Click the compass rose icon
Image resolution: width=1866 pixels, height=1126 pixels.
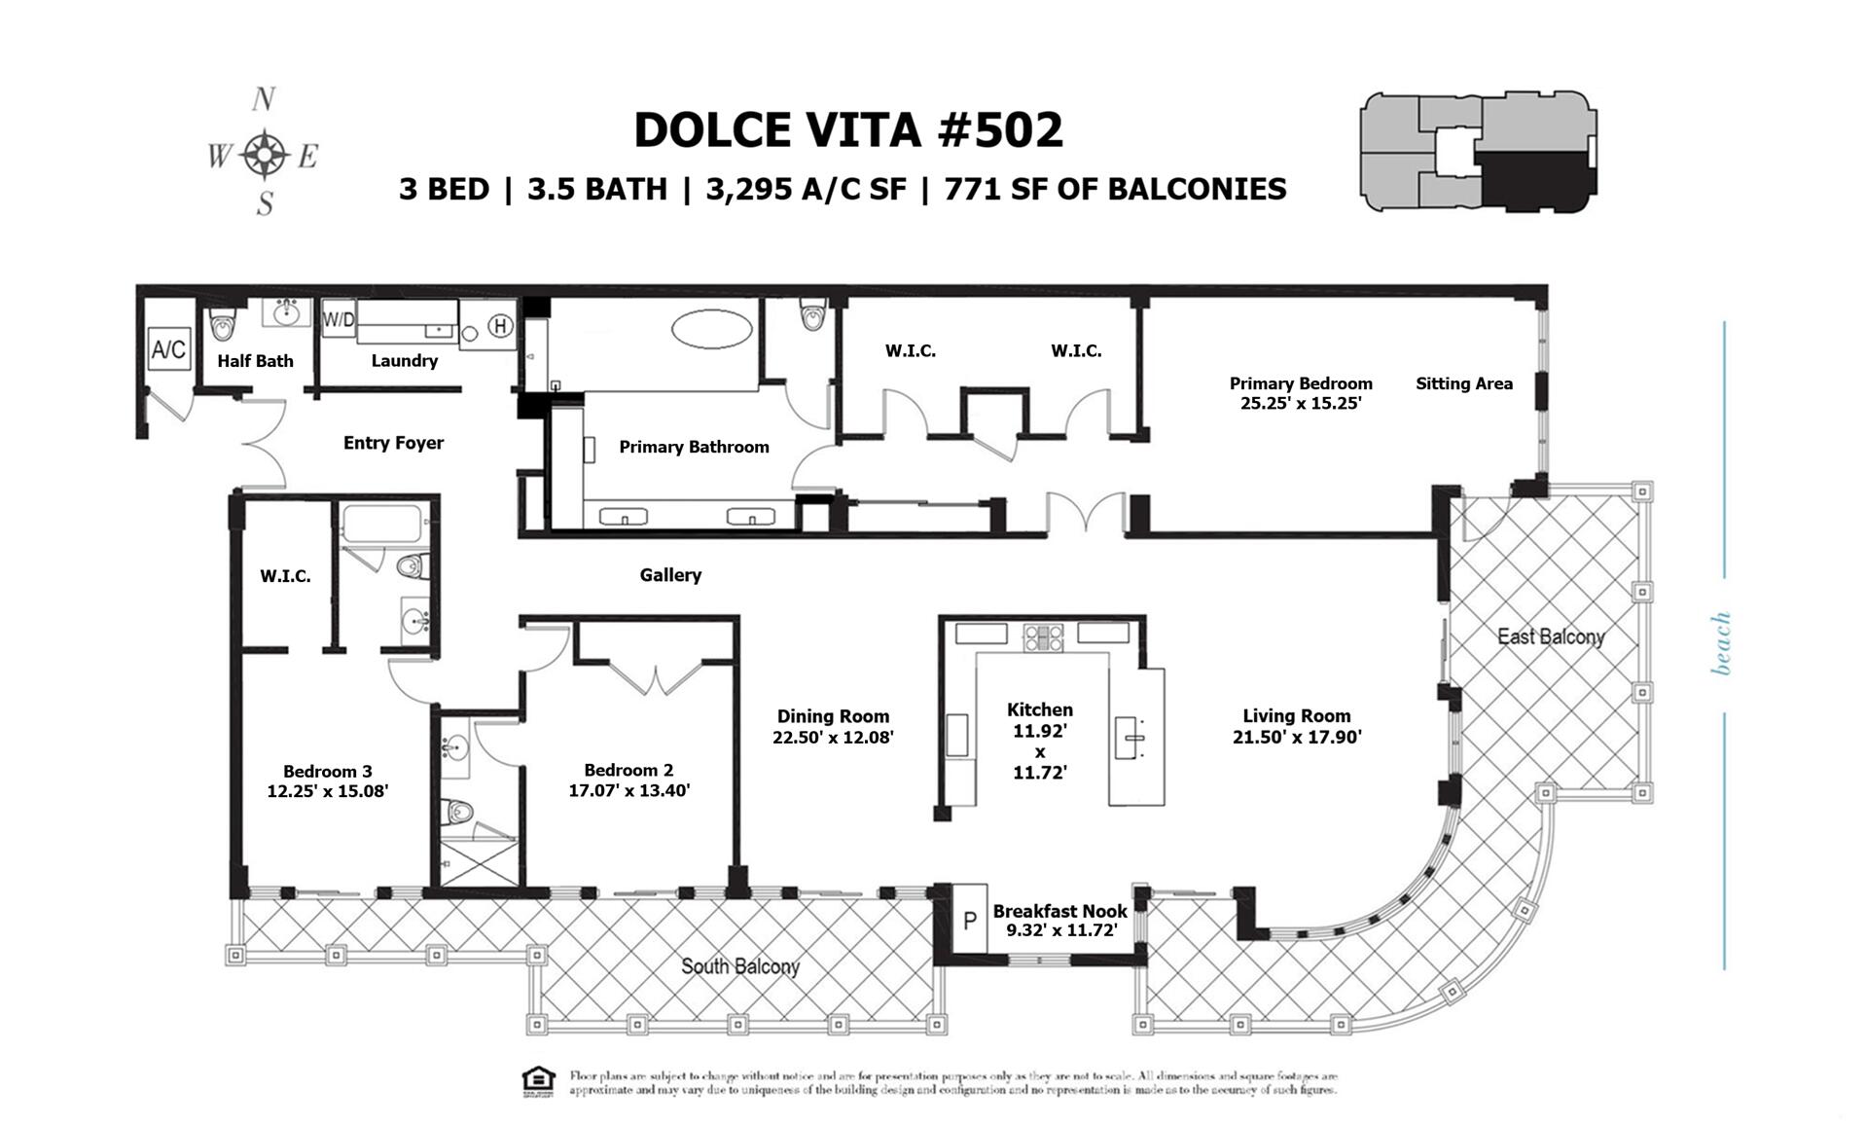click(x=264, y=154)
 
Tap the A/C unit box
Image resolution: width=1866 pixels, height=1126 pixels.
click(x=168, y=348)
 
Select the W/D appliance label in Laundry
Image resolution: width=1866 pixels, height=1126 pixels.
click(x=339, y=319)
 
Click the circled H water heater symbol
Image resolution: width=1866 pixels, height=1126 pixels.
click(x=500, y=326)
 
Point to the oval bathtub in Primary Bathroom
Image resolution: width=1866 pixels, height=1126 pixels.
click(x=713, y=329)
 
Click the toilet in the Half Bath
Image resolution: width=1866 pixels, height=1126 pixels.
click(x=224, y=323)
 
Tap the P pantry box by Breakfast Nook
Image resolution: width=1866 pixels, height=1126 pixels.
click(x=969, y=920)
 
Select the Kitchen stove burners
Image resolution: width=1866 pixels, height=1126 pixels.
click(x=1042, y=637)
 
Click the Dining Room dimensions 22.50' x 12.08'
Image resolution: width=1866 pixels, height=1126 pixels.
click(x=833, y=738)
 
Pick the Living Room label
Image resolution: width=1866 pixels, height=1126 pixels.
click(x=1296, y=716)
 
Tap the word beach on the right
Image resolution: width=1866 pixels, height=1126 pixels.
click(x=1721, y=643)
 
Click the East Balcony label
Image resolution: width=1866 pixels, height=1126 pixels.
click(x=1550, y=636)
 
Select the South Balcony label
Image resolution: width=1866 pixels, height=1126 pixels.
click(x=739, y=966)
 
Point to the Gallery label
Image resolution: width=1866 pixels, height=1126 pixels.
click(x=670, y=575)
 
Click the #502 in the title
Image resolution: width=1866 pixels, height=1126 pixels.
click(x=1000, y=130)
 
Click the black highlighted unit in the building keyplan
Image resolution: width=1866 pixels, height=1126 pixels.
click(x=1532, y=178)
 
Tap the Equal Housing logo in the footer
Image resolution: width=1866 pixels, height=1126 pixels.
click(x=538, y=1081)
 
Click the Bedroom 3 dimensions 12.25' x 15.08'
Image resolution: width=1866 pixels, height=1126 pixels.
click(x=328, y=791)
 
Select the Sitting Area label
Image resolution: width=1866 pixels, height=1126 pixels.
click(x=1463, y=383)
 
